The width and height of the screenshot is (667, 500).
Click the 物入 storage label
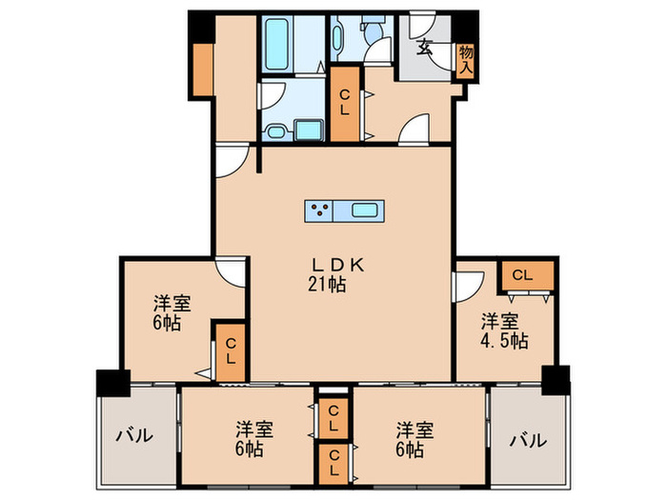tap(465, 60)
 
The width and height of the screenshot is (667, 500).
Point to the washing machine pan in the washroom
tap(310, 130)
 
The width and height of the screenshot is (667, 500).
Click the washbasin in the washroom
tap(277, 132)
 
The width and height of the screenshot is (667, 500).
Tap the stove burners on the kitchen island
tap(320, 210)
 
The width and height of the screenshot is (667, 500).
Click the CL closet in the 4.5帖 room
tap(525, 275)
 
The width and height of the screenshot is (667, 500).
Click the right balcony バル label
tap(527, 440)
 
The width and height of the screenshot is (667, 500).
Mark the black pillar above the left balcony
tap(111, 385)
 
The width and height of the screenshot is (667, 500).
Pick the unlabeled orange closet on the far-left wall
tap(204, 69)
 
